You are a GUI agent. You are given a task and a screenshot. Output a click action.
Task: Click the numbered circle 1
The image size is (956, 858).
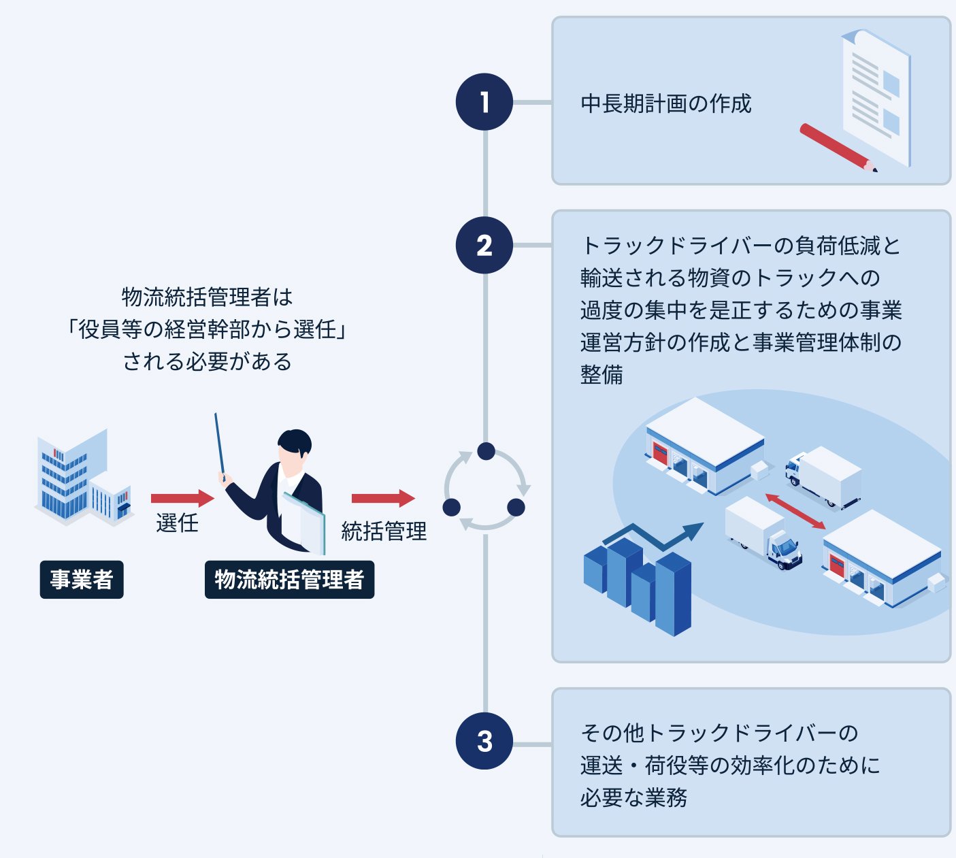click(484, 102)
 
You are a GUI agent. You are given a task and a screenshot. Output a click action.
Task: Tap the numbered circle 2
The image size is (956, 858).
click(484, 245)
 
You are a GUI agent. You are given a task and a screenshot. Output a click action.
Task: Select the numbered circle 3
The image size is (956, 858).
click(484, 741)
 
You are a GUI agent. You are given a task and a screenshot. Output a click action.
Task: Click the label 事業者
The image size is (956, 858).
click(82, 580)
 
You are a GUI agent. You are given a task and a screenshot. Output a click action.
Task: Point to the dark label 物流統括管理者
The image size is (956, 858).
click(289, 580)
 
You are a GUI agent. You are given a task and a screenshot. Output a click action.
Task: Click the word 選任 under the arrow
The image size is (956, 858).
click(177, 523)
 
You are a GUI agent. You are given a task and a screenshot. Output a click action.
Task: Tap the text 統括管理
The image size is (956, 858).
click(384, 531)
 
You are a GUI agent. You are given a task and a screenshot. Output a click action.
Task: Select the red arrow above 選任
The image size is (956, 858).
click(182, 498)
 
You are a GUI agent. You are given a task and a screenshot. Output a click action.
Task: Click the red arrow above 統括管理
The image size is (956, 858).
click(382, 498)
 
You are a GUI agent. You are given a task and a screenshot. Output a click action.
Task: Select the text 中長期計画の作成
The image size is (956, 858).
click(665, 103)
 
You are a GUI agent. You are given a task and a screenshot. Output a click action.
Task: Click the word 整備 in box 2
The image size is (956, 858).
click(601, 375)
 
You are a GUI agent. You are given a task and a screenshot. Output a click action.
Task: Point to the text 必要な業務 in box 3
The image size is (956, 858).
click(633, 797)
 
